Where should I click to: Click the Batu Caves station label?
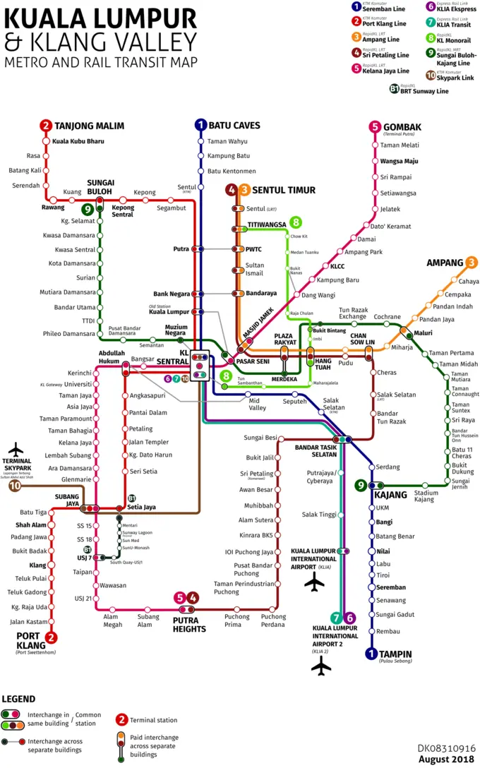tap(234, 126)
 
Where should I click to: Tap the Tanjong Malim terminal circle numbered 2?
tap(46, 126)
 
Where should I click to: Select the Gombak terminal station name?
tap(402, 127)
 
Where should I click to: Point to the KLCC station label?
tap(337, 266)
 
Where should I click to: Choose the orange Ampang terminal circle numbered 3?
tap(470, 263)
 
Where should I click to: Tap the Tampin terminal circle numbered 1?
tap(371, 654)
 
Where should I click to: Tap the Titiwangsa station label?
tap(267, 224)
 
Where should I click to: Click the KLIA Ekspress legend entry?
tap(455, 9)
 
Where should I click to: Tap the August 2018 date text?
tap(447, 759)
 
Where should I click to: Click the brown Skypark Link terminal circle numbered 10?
tap(13, 486)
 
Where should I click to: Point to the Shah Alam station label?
tap(30, 524)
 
